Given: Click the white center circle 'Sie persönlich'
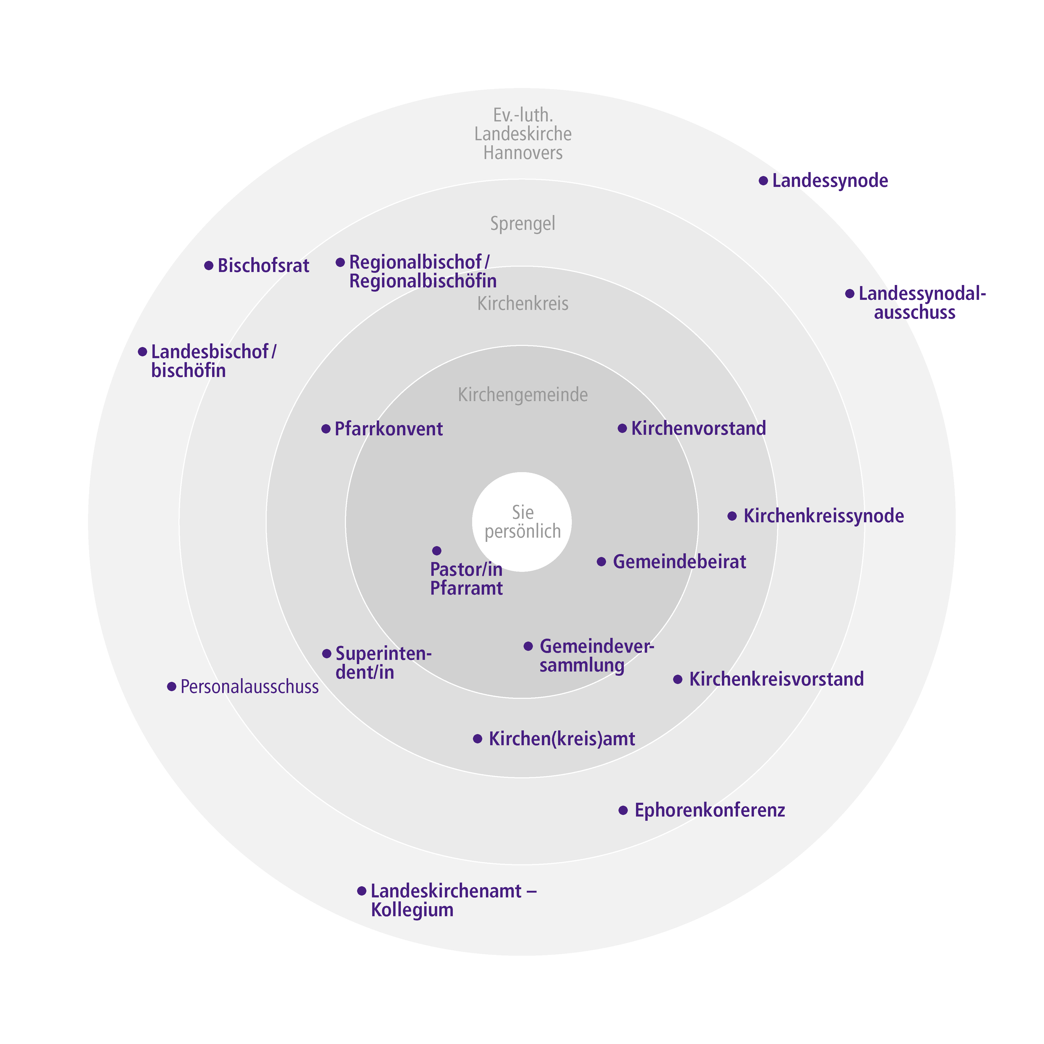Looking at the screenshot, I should [x=522, y=522].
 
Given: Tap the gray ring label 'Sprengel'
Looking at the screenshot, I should [x=523, y=223].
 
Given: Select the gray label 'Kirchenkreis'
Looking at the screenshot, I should [x=523, y=304].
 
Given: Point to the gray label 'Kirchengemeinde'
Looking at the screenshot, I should [x=523, y=395].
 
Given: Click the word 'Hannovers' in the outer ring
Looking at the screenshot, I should [x=523, y=153].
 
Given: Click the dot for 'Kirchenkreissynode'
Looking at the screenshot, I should [x=732, y=516].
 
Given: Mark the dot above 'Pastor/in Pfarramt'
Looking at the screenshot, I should [x=437, y=551].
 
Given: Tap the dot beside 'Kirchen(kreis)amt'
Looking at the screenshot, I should [x=478, y=739].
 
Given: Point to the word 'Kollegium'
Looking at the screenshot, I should [x=412, y=910].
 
